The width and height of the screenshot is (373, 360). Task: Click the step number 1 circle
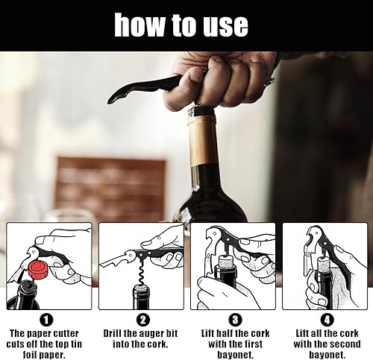[46, 320]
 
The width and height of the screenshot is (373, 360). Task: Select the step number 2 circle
[143, 320]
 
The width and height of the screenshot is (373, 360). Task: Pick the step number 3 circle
[235, 320]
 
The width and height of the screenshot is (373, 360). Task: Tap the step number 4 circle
[327, 320]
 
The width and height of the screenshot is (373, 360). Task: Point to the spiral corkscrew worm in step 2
[142, 273]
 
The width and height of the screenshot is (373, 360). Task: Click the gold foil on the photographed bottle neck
[204, 140]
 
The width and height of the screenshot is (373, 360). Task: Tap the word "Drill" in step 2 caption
[112, 333]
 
